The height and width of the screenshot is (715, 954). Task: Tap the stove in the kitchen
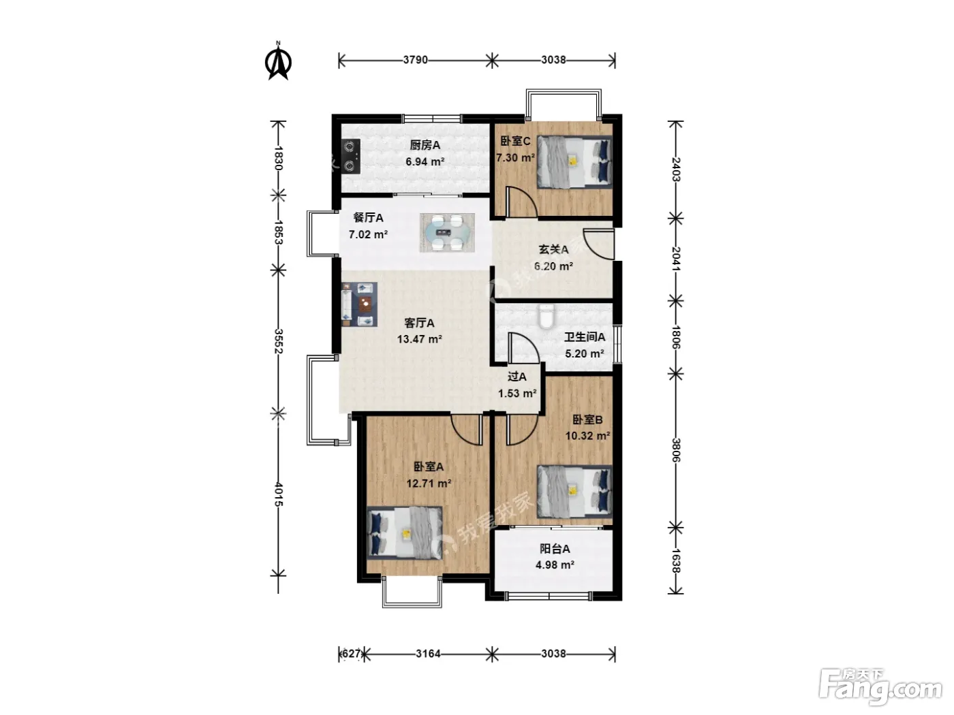(351, 157)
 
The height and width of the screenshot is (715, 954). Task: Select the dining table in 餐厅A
(447, 233)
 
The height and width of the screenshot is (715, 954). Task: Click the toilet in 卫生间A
(546, 317)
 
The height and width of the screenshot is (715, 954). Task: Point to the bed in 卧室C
(574, 162)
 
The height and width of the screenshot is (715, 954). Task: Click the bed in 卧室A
(405, 533)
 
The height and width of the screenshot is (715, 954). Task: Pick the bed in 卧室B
(574, 492)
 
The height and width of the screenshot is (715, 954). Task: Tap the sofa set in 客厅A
(359, 304)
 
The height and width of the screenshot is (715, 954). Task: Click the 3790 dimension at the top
(415, 60)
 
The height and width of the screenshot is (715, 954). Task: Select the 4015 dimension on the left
(279, 494)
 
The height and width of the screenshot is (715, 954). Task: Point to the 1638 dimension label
(676, 561)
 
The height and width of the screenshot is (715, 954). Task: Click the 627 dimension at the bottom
(351, 654)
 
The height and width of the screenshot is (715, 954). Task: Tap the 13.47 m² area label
(419, 339)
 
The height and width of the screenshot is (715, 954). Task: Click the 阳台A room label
(555, 549)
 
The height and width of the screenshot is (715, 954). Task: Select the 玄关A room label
(553, 250)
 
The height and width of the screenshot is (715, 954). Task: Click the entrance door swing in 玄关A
(598, 244)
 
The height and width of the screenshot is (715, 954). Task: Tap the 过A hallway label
(517, 377)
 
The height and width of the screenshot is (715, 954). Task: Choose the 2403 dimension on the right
(676, 170)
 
